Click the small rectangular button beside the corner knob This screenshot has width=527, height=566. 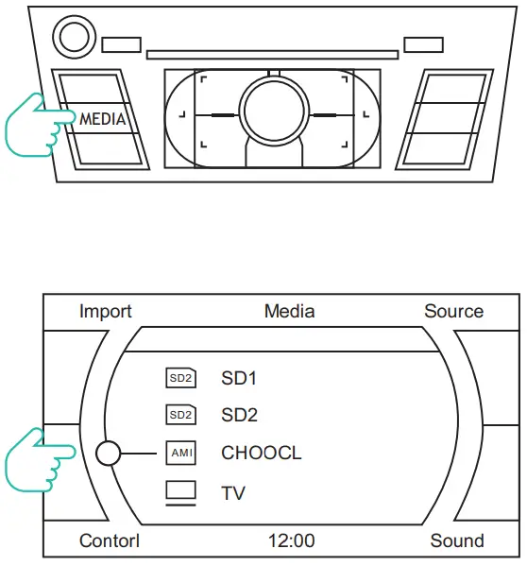pyautogui.click(x=121, y=44)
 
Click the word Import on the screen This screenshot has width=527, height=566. pyautogui.click(x=106, y=311)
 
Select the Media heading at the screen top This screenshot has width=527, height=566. pyautogui.click(x=289, y=311)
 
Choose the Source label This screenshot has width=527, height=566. pyautogui.click(x=453, y=311)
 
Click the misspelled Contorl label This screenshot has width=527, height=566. pyautogui.click(x=109, y=541)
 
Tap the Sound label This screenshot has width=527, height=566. pyautogui.click(x=457, y=541)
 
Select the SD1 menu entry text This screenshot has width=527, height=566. pyautogui.click(x=239, y=379)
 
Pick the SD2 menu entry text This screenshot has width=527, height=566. pyautogui.click(x=239, y=415)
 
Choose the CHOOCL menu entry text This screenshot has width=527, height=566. pyautogui.click(x=262, y=453)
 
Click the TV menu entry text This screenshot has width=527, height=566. pyautogui.click(x=233, y=492)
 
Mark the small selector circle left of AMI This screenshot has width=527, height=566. pyautogui.click(x=109, y=454)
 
